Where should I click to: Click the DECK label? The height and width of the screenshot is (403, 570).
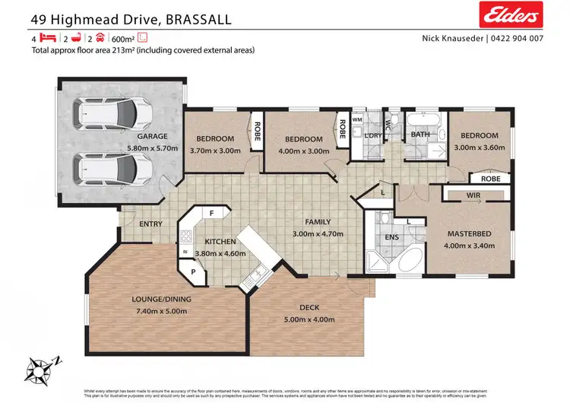pos(308,308)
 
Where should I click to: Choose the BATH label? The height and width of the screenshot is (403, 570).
pos(420,135)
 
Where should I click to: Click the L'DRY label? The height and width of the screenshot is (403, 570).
pos(372,135)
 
